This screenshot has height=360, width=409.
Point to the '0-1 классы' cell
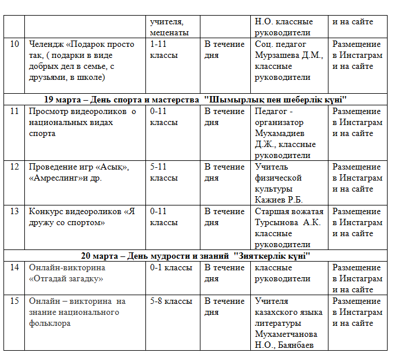(x=171, y=268)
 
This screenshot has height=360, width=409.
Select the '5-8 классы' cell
(x=171, y=302)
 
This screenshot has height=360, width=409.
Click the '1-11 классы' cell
(x=164, y=50)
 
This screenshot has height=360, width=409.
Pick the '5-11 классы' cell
(x=164, y=172)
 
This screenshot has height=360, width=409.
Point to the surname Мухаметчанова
(x=286, y=335)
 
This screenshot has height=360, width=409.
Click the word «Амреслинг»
(x=53, y=178)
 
